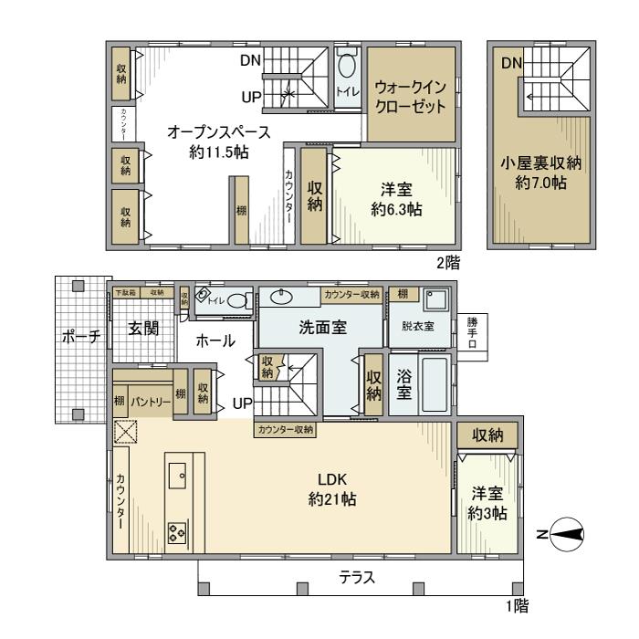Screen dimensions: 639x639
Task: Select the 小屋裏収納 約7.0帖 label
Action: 540,173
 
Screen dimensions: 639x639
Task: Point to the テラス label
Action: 357,577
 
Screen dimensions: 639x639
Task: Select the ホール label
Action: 215,340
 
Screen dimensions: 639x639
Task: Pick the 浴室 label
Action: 405,385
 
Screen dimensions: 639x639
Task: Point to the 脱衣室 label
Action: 417,325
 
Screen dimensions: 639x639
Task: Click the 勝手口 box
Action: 472,335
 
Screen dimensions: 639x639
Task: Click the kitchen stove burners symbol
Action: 176,533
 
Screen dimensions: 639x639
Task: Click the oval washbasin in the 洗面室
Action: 282,296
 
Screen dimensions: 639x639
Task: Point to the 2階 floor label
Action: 446,263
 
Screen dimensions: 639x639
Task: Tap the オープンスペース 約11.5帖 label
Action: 208,142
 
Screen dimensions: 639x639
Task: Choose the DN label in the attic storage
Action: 511,62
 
